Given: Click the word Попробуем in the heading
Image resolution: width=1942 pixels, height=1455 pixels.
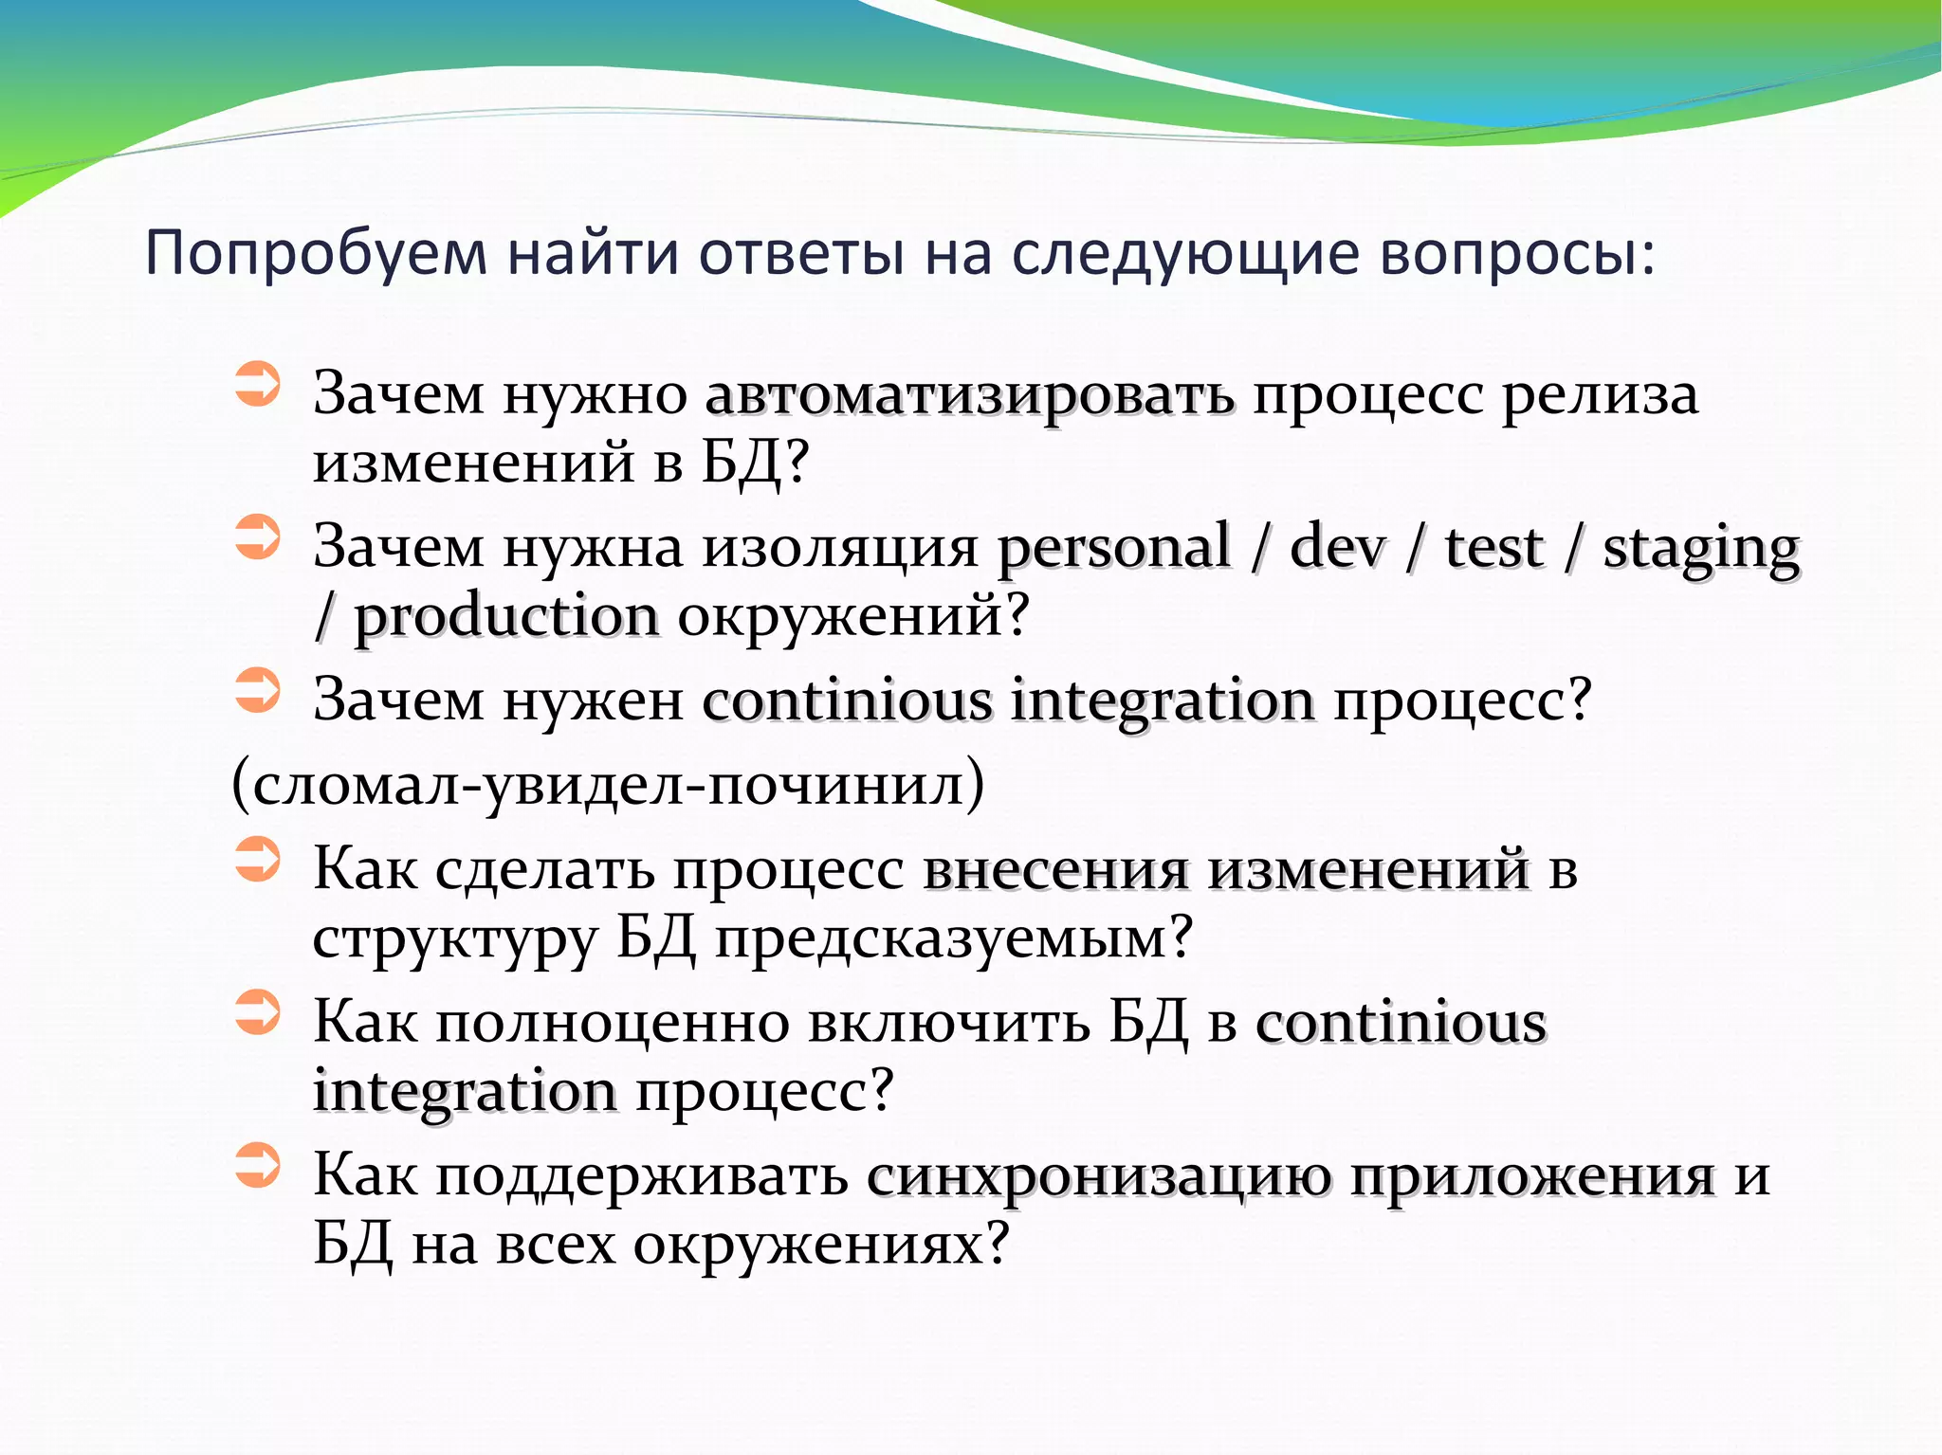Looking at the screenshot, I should point(316,254).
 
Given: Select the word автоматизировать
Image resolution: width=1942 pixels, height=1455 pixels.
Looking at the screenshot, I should point(969,394).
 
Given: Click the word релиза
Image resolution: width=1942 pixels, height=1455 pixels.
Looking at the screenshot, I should point(1600,394).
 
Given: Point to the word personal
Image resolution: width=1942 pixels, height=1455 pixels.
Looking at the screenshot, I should point(1113,548).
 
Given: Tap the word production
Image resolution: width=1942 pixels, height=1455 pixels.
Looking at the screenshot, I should point(505,618).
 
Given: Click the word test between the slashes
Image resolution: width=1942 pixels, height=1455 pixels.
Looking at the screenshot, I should point(1493,548).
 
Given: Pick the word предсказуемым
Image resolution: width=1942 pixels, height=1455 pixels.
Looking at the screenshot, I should point(952,938).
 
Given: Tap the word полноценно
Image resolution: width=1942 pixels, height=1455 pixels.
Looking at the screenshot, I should point(613,1022).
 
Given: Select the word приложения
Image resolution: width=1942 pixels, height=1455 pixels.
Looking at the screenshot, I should point(1532,1176).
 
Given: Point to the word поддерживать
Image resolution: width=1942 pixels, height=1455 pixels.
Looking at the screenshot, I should point(642,1176).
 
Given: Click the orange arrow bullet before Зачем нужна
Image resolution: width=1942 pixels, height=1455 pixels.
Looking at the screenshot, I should point(257,537).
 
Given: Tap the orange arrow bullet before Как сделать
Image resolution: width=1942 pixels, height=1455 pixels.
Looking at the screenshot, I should point(257,859).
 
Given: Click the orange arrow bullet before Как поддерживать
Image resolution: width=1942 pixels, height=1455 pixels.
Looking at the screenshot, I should point(257,1165).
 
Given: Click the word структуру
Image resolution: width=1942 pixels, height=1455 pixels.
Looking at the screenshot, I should point(455,938).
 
